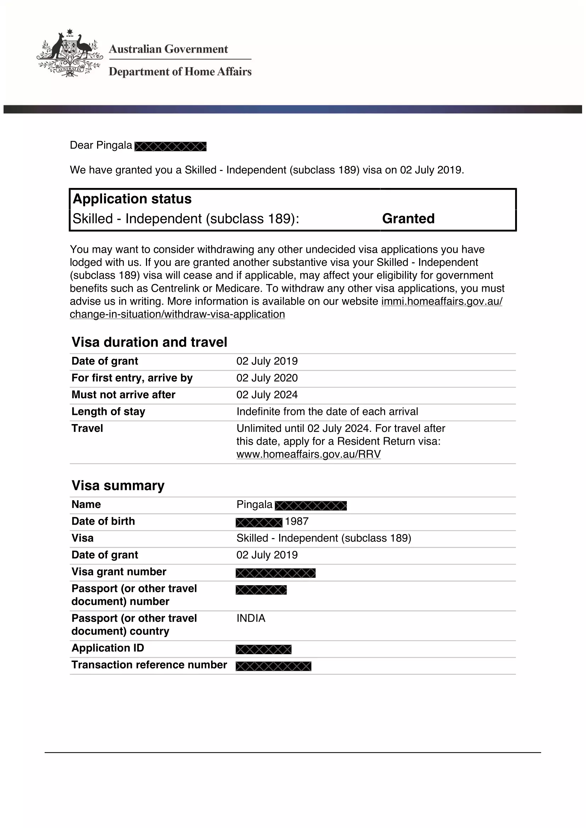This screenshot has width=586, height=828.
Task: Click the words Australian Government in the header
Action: click(x=168, y=49)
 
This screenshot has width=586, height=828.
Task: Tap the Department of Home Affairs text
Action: click(x=180, y=72)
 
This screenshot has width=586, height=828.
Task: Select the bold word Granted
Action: click(x=408, y=218)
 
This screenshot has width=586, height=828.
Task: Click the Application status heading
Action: click(x=132, y=199)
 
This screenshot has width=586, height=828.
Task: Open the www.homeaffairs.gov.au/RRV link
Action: click(x=309, y=454)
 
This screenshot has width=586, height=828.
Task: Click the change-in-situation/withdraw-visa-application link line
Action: click(x=177, y=314)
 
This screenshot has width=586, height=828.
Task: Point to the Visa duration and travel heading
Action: click(x=150, y=342)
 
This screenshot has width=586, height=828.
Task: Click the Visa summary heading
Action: click(x=118, y=485)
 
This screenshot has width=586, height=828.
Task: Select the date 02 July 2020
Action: click(x=267, y=378)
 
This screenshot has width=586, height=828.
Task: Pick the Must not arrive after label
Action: click(x=123, y=394)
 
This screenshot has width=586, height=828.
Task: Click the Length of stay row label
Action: click(x=108, y=411)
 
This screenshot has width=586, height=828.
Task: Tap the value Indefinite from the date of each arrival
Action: click(x=327, y=411)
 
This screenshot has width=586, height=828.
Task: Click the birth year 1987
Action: click(x=297, y=521)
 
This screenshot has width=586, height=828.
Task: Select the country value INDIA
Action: click(x=251, y=618)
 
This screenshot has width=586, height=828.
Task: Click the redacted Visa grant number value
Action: click(x=276, y=573)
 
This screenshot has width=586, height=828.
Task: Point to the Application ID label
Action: click(x=108, y=648)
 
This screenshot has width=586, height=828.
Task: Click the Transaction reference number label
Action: click(x=150, y=665)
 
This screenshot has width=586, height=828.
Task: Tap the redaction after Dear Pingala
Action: click(x=170, y=147)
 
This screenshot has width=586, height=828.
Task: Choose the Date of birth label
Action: click(x=103, y=521)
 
